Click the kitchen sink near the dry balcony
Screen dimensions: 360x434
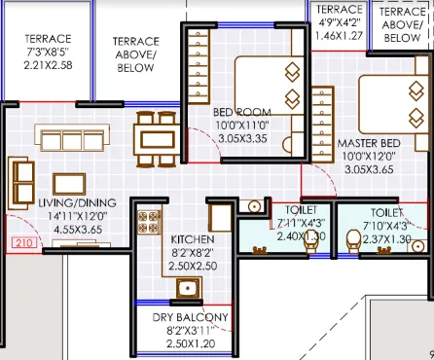(x=187, y=288)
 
